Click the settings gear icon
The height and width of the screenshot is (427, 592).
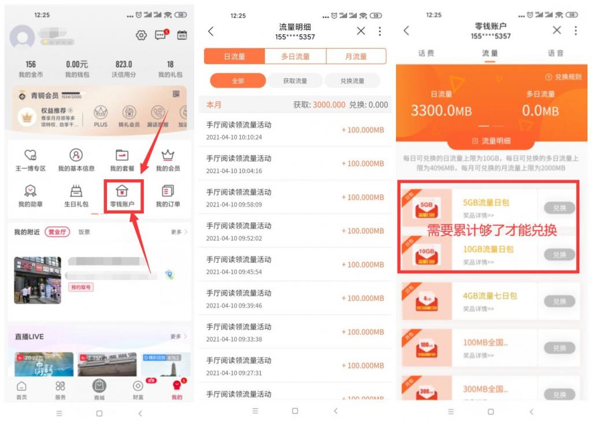pyautogui.click(x=141, y=35)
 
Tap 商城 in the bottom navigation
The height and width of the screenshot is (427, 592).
pyautogui.click(x=99, y=389)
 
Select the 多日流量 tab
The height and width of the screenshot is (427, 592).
pyautogui.click(x=295, y=56)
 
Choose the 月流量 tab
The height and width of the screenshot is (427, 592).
pyautogui.click(x=356, y=56)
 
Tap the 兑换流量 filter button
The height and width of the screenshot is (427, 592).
pyautogui.click(x=352, y=81)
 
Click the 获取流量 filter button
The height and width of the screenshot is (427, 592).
pyautogui.click(x=295, y=81)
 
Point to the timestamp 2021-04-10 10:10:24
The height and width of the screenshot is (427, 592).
pyautogui.click(x=234, y=137)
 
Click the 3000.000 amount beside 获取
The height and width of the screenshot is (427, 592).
pyautogui.click(x=329, y=105)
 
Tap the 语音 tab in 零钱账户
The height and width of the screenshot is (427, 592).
pyautogui.click(x=555, y=53)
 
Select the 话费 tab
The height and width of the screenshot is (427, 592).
pyautogui.click(x=426, y=53)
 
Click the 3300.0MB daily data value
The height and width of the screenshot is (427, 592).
pyautogui.click(x=441, y=110)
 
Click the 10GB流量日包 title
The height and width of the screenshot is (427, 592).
pyautogui.click(x=488, y=249)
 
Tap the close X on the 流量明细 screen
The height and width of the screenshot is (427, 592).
pyautogui.click(x=361, y=31)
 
